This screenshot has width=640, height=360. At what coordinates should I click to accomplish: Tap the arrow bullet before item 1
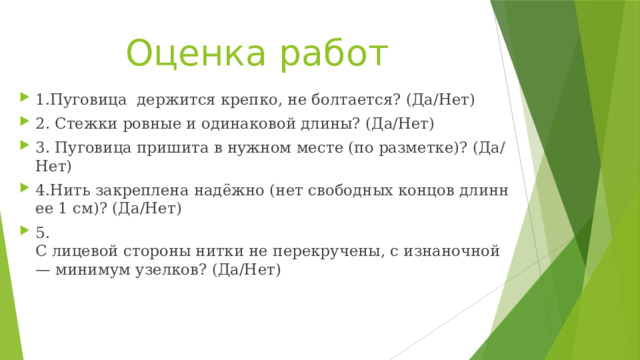click(23, 100)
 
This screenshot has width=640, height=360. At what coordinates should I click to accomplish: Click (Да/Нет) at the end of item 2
click(399, 124)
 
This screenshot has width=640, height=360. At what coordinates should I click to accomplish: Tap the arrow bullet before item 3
click(23, 148)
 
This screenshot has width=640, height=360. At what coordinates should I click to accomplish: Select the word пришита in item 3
click(154, 148)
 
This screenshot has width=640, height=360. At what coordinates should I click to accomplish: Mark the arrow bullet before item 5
click(23, 232)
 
